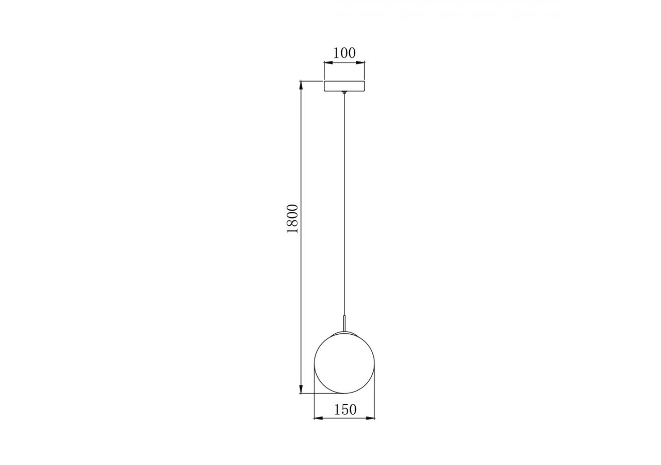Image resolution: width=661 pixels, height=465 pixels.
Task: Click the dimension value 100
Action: (x=344, y=53)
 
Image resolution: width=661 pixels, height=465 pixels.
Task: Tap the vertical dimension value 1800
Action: (x=293, y=219)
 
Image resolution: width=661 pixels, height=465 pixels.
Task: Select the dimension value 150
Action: (x=345, y=410)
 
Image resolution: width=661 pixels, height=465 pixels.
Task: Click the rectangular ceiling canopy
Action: (x=344, y=86)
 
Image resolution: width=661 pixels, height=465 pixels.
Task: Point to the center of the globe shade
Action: (x=344, y=363)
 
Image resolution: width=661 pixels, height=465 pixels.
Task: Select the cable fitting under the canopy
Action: (x=344, y=94)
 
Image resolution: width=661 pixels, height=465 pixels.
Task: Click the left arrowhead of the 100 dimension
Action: (x=327, y=63)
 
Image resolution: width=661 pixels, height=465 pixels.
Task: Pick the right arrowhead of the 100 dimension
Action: (x=362, y=63)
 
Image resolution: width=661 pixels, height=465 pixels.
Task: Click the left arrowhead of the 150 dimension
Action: (x=318, y=418)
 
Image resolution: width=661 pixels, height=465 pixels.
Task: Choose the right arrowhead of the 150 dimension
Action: (x=371, y=418)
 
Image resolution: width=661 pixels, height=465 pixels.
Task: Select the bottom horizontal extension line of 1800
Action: (x=310, y=394)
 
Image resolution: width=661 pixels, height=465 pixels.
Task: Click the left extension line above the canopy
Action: (x=324, y=70)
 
